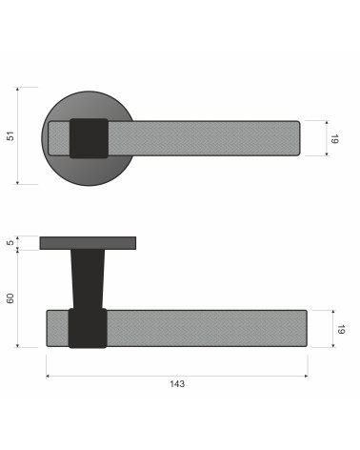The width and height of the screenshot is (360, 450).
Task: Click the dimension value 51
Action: (10, 136)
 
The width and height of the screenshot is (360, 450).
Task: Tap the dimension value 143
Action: (177, 384)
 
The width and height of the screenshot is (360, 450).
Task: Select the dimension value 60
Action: (10, 298)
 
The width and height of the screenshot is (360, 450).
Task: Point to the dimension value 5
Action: (10, 242)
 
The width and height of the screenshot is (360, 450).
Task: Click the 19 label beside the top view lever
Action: (334, 139)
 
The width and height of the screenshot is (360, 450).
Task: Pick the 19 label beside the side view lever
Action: (341, 329)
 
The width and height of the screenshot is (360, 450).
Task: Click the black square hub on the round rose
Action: (89, 138)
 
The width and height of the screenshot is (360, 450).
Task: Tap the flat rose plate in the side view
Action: (88, 243)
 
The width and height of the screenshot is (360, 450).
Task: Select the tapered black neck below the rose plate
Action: (88, 279)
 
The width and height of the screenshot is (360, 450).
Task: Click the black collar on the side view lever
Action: (88, 328)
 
